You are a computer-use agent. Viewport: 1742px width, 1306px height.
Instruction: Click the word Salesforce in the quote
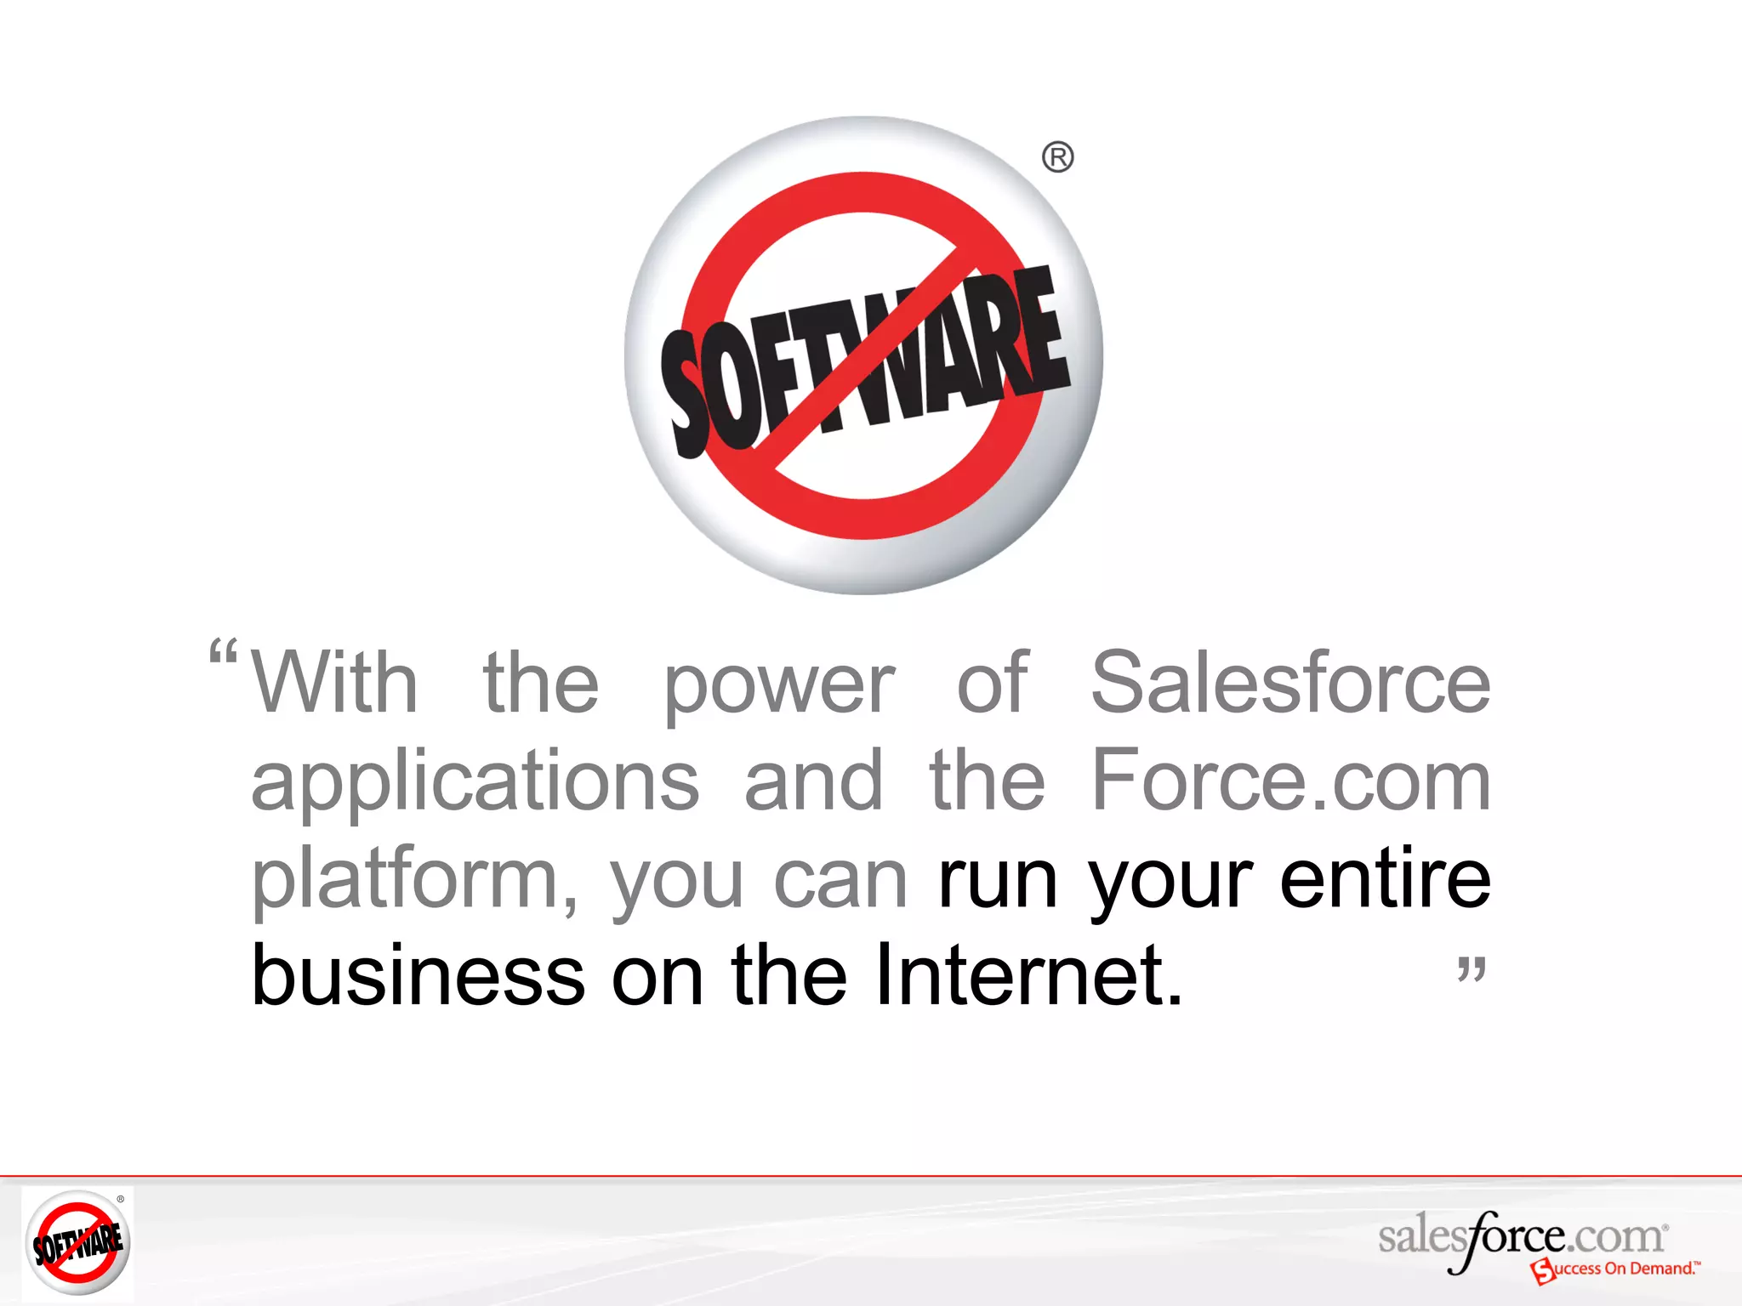(1290, 682)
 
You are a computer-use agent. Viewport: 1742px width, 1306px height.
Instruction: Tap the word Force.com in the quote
(1290, 780)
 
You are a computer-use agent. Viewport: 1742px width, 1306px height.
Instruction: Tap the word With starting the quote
(334, 682)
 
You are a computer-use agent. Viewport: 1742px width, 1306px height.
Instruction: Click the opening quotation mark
(223, 653)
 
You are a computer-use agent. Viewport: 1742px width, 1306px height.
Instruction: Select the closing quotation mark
(1472, 968)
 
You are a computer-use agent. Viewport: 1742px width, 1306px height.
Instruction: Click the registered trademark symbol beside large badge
(1057, 158)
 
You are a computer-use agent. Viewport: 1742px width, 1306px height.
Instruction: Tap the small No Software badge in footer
(77, 1241)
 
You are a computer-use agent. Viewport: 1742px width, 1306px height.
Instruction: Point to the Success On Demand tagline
(1616, 1269)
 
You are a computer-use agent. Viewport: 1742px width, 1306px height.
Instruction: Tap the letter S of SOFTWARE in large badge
(691, 391)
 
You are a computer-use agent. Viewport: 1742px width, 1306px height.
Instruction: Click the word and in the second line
(814, 780)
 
